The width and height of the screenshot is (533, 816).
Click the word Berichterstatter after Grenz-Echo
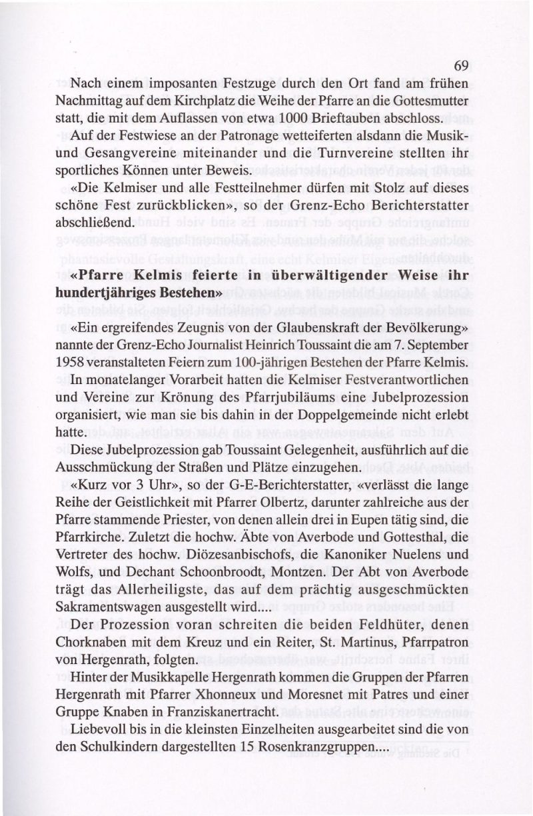pos(412,207)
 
